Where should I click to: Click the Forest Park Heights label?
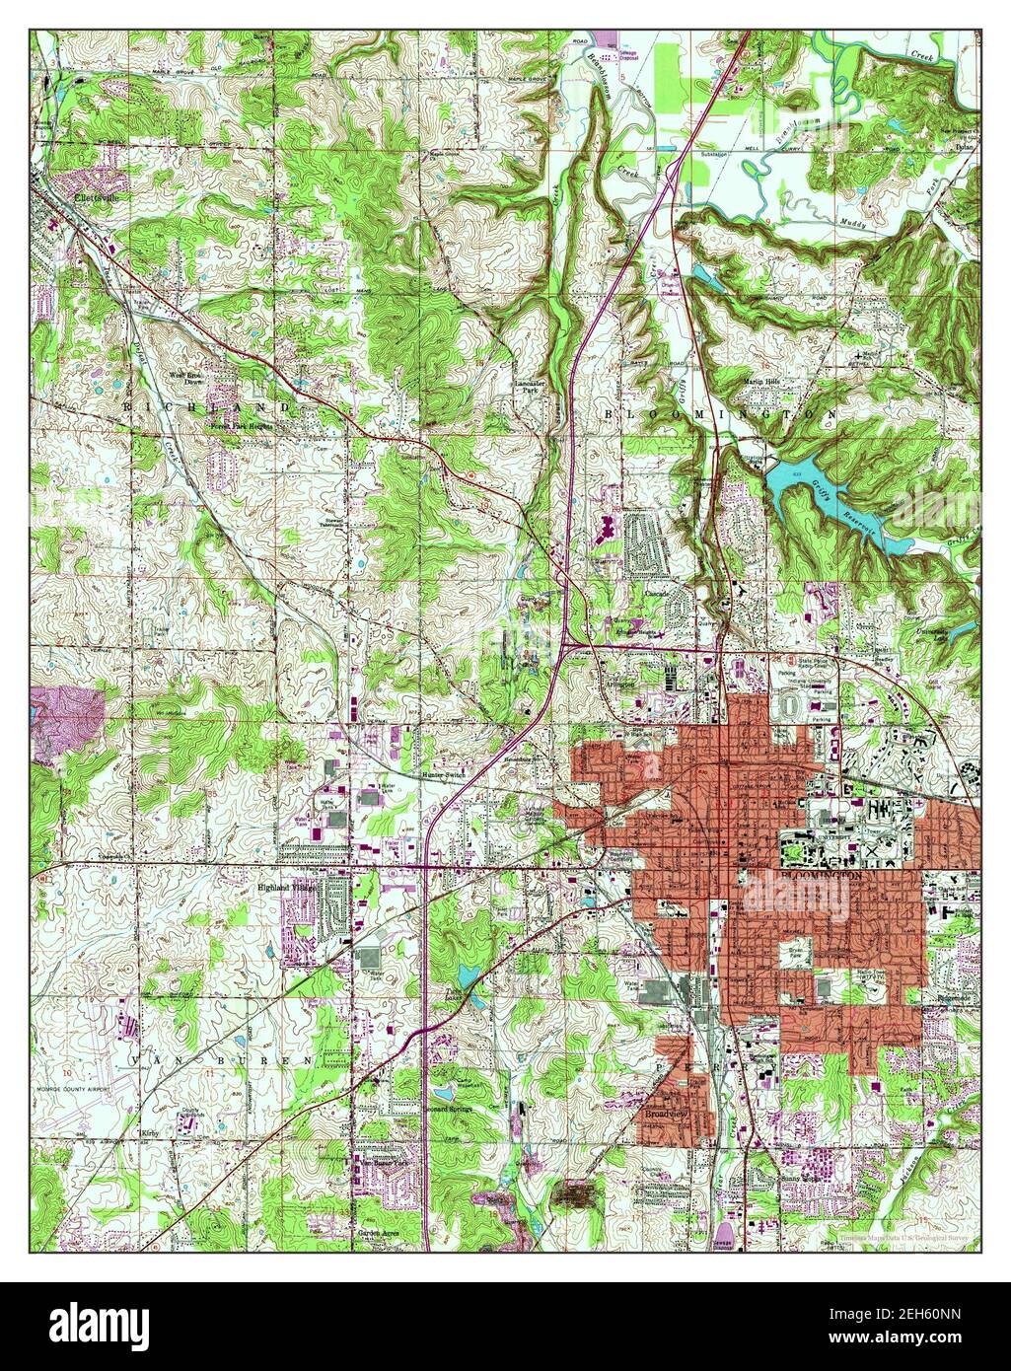tap(240, 426)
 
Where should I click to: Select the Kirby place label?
tap(149, 1134)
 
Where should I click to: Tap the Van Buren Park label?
tap(378, 1164)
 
